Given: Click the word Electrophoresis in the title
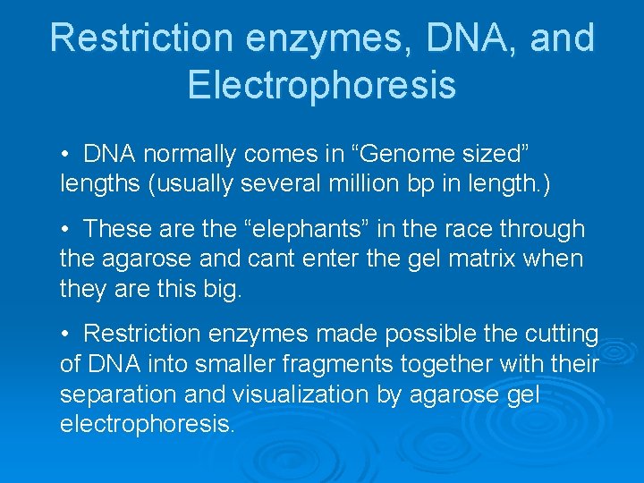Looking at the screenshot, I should [x=322, y=85].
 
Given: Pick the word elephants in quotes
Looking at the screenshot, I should [x=292, y=230].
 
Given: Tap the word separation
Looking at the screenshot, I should [x=121, y=394].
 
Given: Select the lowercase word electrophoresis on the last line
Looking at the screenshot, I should [x=146, y=423].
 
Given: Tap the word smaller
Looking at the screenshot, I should [x=231, y=364].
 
